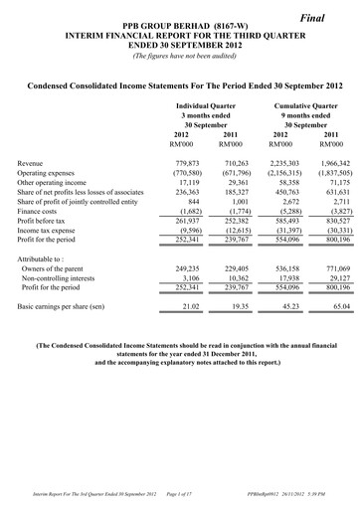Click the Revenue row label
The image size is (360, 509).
(x=31, y=161)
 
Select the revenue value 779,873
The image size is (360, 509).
(x=187, y=161)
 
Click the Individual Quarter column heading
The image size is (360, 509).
(x=205, y=103)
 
